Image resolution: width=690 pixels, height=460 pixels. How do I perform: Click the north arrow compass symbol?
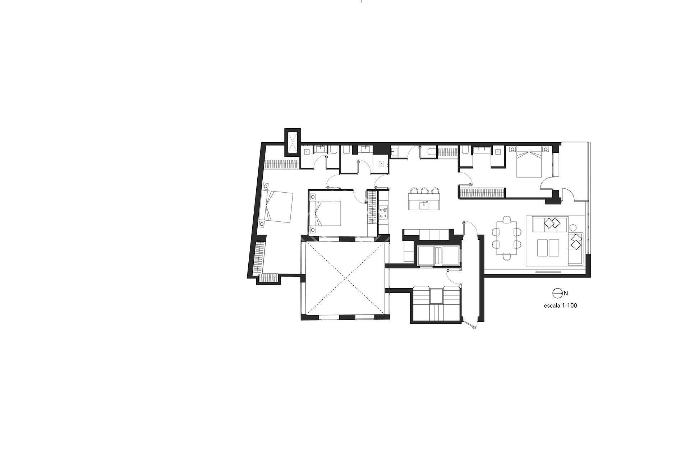(557, 293)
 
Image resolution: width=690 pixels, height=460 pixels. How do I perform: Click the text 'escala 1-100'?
(560, 306)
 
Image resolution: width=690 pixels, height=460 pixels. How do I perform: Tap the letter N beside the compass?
(566, 293)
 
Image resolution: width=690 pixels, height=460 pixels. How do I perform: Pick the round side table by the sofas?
(573, 227)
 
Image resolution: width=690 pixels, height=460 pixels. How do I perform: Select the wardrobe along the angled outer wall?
(259, 258)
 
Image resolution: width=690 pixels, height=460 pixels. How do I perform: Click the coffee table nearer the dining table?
(543, 248)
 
